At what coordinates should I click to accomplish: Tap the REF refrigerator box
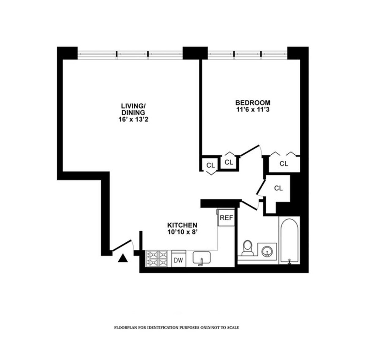pos(227,218)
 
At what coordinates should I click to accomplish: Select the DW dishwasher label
pos(178,260)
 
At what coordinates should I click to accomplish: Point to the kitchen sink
pos(201,258)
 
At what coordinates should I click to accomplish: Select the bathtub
pos(289,240)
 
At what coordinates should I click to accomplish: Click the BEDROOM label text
pos(253,102)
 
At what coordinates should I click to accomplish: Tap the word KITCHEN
pos(182,225)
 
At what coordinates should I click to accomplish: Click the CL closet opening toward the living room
pos(210,166)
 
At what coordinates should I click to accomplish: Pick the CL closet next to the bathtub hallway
pos(278,188)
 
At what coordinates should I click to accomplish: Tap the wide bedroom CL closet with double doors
pos(284,164)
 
